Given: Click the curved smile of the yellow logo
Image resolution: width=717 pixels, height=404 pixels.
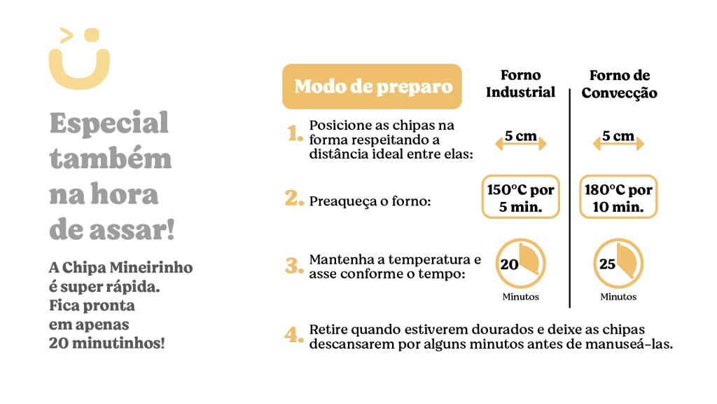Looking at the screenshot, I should tap(78, 74).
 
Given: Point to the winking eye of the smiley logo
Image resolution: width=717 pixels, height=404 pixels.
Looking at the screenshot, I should tap(64, 34).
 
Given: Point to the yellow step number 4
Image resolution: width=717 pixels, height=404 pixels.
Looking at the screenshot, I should tap(293, 335).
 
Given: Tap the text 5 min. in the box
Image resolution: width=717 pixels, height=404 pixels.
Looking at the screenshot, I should tap(520, 207).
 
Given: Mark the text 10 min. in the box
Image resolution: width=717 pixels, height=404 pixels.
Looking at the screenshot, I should tap(616, 207).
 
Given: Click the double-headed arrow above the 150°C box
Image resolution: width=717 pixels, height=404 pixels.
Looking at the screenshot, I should tap(520, 144).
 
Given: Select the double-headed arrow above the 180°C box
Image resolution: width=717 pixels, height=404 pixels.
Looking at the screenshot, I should tap(616, 144).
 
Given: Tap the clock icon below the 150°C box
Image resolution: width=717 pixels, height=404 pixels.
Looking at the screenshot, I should tap(520, 264).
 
